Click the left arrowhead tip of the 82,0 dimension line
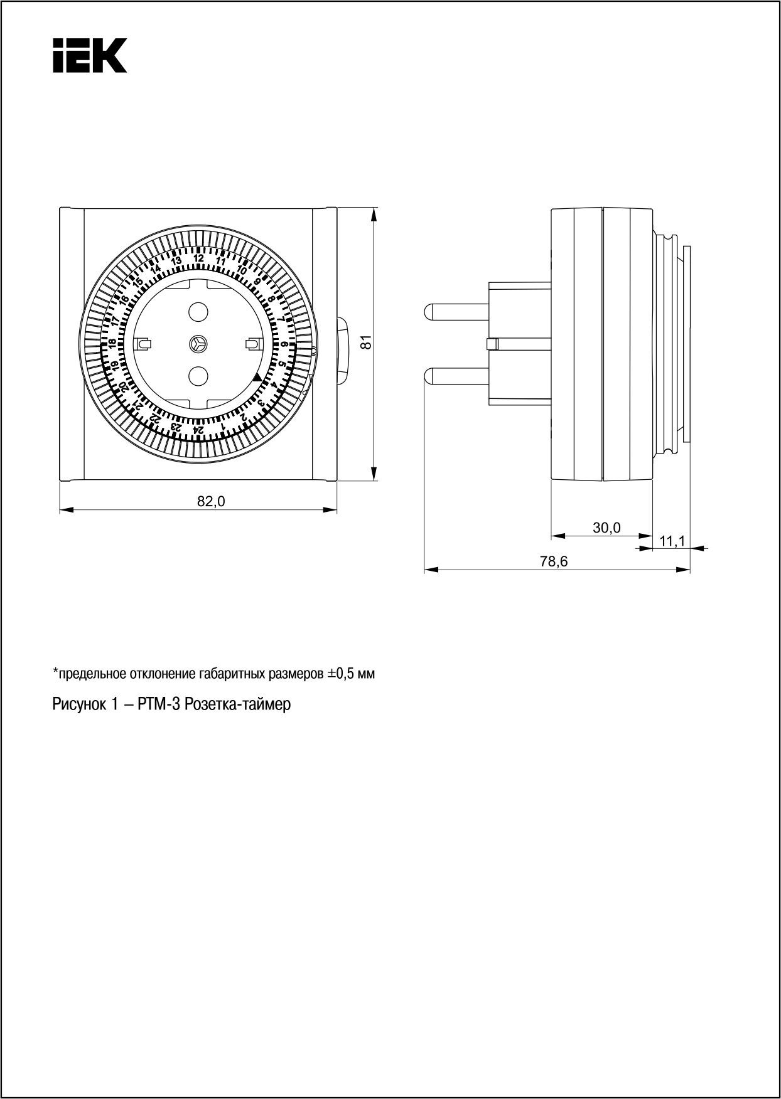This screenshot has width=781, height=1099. coord(60,510)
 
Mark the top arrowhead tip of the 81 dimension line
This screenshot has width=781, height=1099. coord(374,208)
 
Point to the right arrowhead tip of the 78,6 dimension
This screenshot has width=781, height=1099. coord(690,570)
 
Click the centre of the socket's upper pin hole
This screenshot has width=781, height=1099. coord(198,311)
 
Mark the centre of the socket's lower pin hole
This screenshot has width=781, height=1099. coord(198,376)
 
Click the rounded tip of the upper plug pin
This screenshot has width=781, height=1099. coord(426,311)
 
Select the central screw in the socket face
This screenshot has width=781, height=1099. coord(198,344)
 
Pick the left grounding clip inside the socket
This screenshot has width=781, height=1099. coord(144,344)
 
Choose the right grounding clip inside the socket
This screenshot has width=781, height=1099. coord(252,344)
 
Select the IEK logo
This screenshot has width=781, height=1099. coord(90,55)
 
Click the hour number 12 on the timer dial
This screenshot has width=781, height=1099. coord(198,258)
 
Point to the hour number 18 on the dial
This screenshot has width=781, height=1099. coord(112,344)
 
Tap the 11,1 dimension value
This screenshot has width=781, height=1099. coord(673,540)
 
